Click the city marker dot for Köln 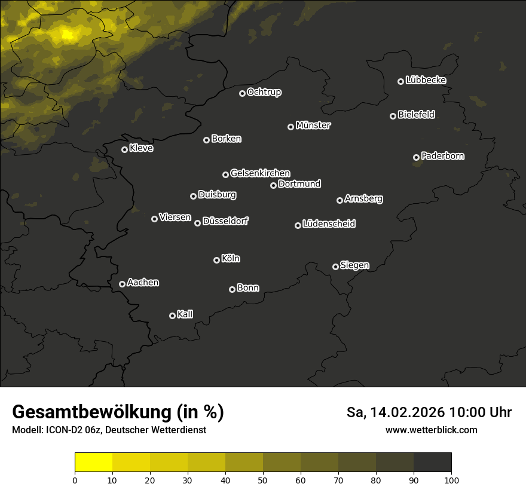216,260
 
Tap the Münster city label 313,125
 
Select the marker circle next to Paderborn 416,157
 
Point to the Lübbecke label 426,80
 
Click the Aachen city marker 122,284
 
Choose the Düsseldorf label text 225,221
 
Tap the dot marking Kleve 124,149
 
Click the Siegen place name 354,265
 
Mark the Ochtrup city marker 242,93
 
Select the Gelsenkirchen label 260,173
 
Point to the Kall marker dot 172,316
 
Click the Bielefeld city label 416,115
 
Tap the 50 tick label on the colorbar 263,480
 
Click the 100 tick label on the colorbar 451,480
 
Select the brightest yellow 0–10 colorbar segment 93,462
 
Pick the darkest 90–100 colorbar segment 432,462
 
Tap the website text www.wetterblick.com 431,430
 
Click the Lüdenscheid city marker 298,225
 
